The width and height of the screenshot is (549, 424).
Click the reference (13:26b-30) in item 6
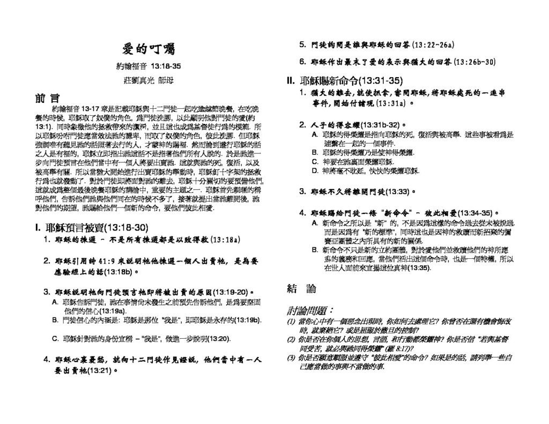click(x=474, y=62)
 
